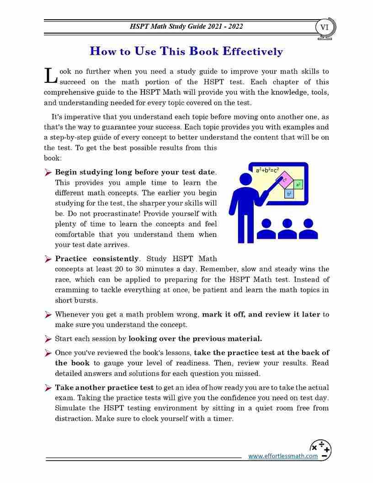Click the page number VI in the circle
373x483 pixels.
point(325,27)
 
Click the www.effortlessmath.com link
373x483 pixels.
point(282,456)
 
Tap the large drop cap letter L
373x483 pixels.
point(50,76)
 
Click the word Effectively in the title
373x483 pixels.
point(252,51)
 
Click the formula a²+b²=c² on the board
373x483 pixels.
point(267,170)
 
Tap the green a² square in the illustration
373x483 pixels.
point(298,185)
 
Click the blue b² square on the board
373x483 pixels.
point(289,194)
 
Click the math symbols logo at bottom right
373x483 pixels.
point(320,449)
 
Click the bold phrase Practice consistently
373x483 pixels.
point(97,259)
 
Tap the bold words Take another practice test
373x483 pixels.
point(105,387)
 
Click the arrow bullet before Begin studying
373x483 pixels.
point(48,172)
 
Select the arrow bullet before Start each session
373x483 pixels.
point(48,339)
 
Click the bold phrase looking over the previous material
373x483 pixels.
point(195,339)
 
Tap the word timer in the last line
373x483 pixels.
point(224,418)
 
